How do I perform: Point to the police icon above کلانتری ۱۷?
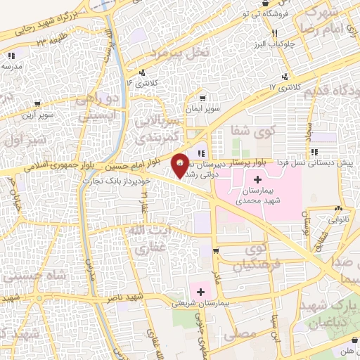(x=285, y=77)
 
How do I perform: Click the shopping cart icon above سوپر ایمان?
(x=202, y=98)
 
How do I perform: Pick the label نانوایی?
(x=338, y=218)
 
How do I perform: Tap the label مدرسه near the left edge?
(x=11, y=65)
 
